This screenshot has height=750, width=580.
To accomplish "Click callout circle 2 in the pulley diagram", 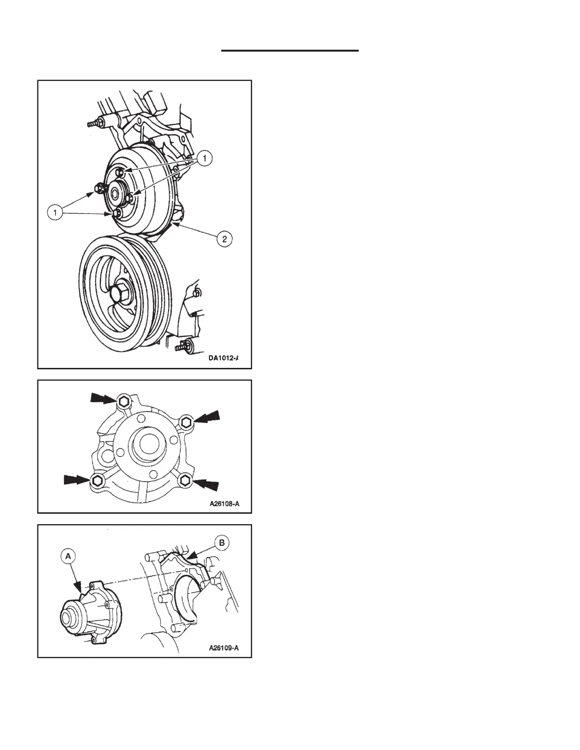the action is coord(224,239).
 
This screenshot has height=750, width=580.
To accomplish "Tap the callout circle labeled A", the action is coord(68,557).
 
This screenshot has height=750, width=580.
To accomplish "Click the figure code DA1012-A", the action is coord(222,358).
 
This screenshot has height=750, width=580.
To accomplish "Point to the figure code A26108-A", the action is coord(225,504).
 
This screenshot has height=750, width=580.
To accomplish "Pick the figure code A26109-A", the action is coord(224,648).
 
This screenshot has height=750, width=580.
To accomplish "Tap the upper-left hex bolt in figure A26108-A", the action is coord(123,402).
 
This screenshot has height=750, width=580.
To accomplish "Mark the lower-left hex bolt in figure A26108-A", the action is coord(97,481).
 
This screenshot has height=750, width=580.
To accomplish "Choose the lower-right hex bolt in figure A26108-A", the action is coord(185,481).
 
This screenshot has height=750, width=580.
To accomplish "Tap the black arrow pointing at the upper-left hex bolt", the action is coord(102,400).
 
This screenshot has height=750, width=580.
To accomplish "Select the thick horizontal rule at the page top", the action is coord(290,50).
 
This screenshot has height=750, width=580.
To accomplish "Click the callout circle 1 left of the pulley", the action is coord(55,213).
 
